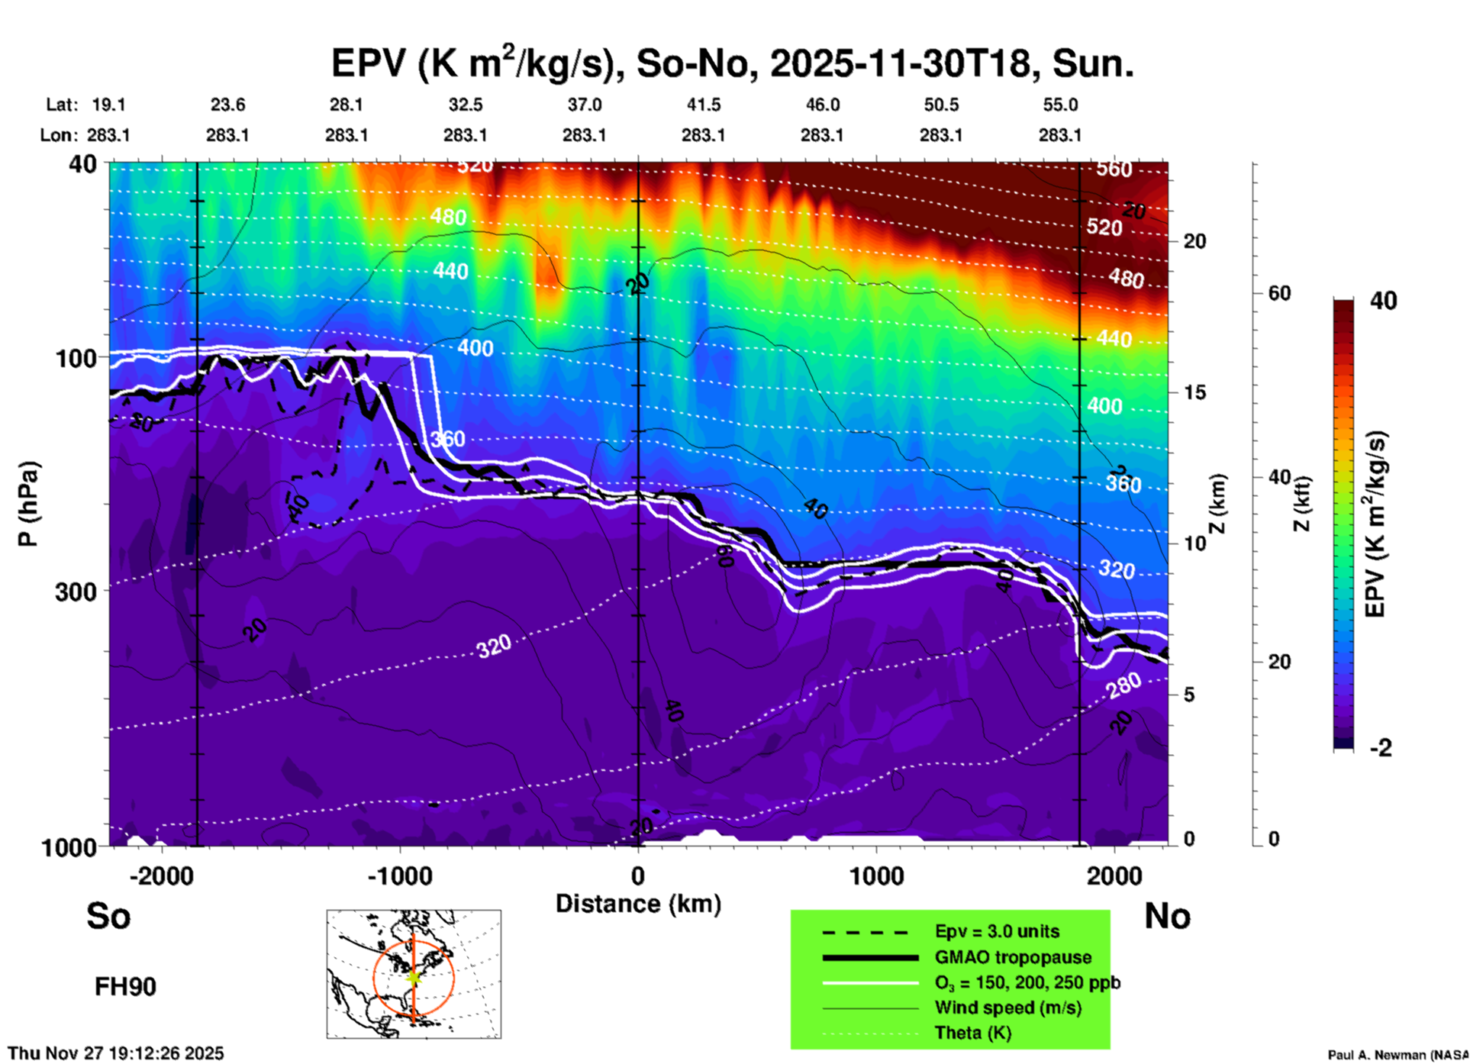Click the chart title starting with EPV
(732, 63)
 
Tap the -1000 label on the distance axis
(399, 876)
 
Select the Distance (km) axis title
(638, 904)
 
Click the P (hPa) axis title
(27, 504)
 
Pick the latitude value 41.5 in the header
(703, 105)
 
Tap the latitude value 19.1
(108, 105)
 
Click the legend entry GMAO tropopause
(1013, 957)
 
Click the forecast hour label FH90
(125, 987)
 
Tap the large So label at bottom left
(108, 916)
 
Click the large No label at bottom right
(1167, 916)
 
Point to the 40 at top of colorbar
(1383, 301)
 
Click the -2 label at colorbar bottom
(1381, 748)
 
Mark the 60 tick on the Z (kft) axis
(1278, 293)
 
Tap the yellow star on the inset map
(414, 977)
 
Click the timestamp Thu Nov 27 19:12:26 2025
(116, 1053)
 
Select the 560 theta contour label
(1114, 169)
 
